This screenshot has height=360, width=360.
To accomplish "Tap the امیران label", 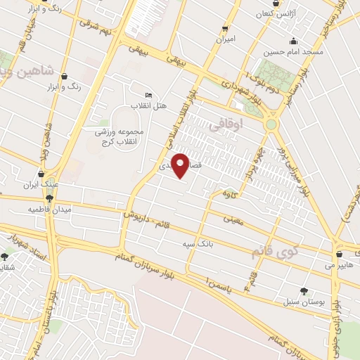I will (x=225, y=40).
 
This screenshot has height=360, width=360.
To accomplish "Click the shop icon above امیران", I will (x=225, y=29).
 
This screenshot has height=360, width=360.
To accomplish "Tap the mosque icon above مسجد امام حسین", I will (x=293, y=41).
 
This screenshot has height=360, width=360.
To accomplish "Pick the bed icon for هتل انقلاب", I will (x=148, y=95).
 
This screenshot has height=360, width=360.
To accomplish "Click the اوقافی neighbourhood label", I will (x=245, y=123).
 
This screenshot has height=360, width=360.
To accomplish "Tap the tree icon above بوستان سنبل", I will (x=304, y=290).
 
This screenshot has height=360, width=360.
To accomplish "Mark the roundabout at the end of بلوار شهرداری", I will (x=271, y=124).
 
